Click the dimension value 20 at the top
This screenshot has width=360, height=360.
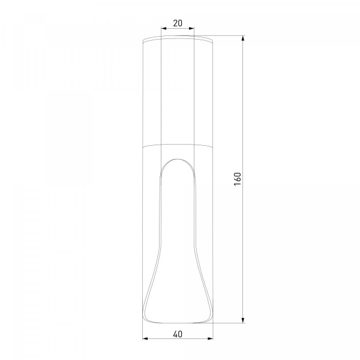(x=178, y=23)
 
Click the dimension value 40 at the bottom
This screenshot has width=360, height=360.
(x=178, y=334)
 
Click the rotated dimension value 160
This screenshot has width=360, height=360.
(x=238, y=179)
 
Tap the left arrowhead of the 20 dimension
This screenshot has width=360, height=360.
(x=164, y=28)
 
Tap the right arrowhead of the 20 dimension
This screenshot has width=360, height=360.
(x=191, y=28)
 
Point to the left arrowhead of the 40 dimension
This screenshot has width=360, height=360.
(x=145, y=338)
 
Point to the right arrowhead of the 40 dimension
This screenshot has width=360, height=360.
(x=211, y=338)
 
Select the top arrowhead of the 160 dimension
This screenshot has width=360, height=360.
(x=243, y=38)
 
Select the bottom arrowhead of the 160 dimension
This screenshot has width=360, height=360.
(x=243, y=320)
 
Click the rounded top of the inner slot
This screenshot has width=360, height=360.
(x=178, y=159)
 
